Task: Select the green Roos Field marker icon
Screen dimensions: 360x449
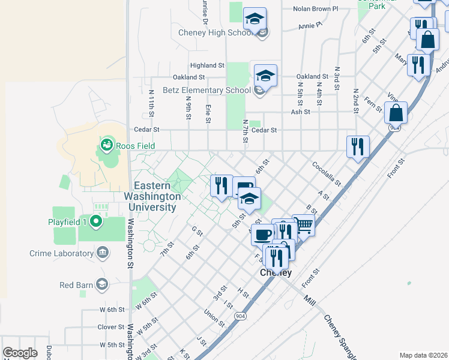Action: [x=107, y=144]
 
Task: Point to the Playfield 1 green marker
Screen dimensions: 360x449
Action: [x=95, y=223]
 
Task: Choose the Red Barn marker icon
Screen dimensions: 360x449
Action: [x=101, y=284]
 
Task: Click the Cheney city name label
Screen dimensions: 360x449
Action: [x=276, y=273]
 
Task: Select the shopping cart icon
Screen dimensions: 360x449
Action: [x=304, y=226]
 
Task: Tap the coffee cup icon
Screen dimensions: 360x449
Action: [x=262, y=234]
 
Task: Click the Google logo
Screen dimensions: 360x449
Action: [x=20, y=353]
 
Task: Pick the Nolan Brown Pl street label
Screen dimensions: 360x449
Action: [x=316, y=9]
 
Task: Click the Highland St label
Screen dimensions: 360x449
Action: [x=206, y=65]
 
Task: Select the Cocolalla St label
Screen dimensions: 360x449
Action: [x=326, y=173]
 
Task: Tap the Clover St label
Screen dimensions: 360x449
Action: [x=110, y=328]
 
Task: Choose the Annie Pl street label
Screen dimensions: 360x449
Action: [x=310, y=26]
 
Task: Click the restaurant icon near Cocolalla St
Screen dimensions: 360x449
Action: [x=358, y=146]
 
